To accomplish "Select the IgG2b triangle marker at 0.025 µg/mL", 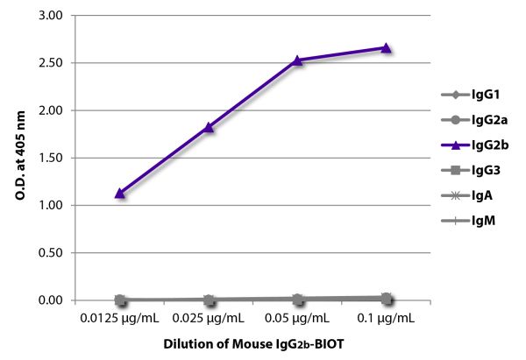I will [209, 127].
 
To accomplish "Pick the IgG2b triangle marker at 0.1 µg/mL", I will [386, 47].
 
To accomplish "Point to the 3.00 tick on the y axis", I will [51, 17].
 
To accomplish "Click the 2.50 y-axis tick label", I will [51, 64].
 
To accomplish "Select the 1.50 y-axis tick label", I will [51, 159].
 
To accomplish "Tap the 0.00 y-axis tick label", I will [51, 300].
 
